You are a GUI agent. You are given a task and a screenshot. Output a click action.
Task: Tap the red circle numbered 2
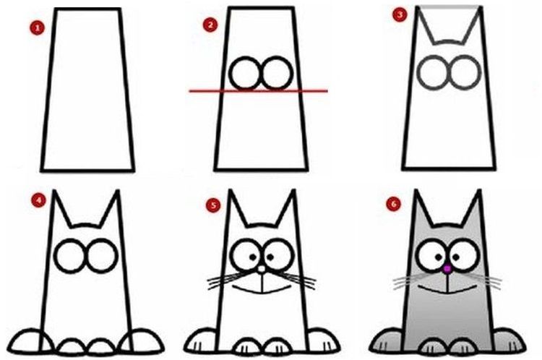(211, 25)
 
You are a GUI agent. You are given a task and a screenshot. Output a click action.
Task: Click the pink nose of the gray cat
(447, 269)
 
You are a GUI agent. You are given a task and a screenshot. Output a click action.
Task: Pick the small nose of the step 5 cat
(260, 270)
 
